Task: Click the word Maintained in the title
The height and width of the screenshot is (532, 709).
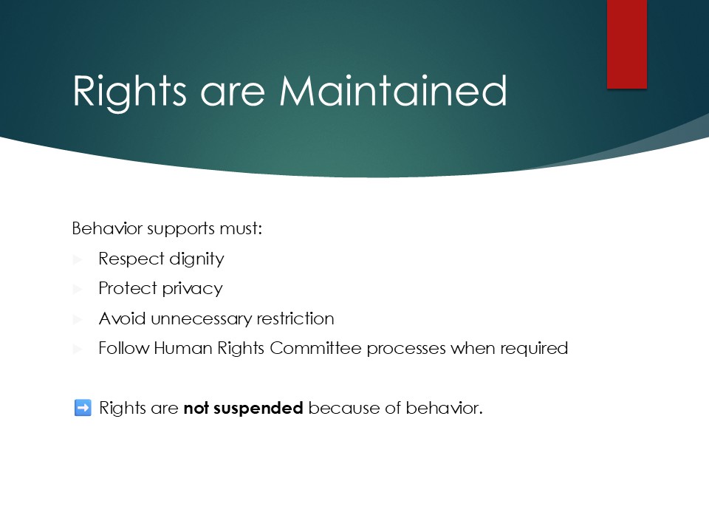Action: pos(393,91)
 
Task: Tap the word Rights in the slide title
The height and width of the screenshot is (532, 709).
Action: pos(129,93)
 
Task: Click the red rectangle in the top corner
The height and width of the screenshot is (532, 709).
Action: pos(627,44)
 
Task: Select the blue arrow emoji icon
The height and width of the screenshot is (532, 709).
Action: pos(83,408)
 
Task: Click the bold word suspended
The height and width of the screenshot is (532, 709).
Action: pos(258,408)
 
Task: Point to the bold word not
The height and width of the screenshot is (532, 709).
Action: pos(196,409)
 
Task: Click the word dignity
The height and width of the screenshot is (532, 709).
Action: pos(196,259)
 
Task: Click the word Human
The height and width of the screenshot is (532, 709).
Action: pos(183,348)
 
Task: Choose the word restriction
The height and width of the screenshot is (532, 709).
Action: pos(295,318)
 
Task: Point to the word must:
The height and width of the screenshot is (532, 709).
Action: pos(241,228)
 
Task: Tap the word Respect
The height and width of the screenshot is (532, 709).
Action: pos(131,259)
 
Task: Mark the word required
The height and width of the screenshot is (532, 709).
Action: pos(534,349)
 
